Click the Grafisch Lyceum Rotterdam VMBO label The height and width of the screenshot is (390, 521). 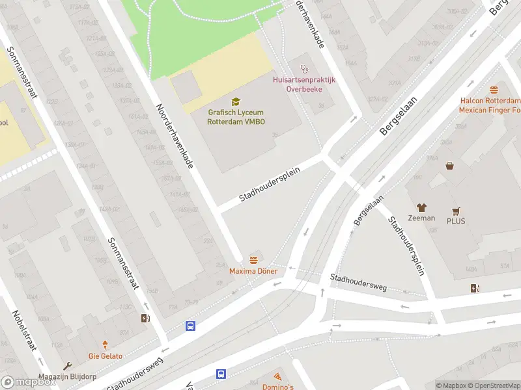(x=236, y=116)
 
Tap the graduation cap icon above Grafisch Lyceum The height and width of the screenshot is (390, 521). (x=236, y=101)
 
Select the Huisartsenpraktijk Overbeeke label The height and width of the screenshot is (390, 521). (x=303, y=84)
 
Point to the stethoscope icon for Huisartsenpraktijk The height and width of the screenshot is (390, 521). (x=303, y=68)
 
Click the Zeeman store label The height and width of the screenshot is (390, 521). (x=421, y=218)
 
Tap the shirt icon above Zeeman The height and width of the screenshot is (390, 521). (x=421, y=207)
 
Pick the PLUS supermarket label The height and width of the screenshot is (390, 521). (x=457, y=221)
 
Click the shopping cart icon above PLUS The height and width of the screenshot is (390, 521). (x=457, y=211)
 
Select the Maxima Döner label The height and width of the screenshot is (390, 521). (x=253, y=271)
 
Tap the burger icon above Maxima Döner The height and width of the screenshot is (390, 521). (x=253, y=260)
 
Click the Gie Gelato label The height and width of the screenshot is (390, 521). (x=105, y=356)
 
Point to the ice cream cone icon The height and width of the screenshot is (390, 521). (x=105, y=345)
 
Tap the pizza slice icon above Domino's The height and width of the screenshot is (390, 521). (x=278, y=376)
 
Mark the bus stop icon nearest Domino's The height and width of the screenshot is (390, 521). (x=221, y=374)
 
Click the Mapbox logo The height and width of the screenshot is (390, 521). (x=29, y=382)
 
